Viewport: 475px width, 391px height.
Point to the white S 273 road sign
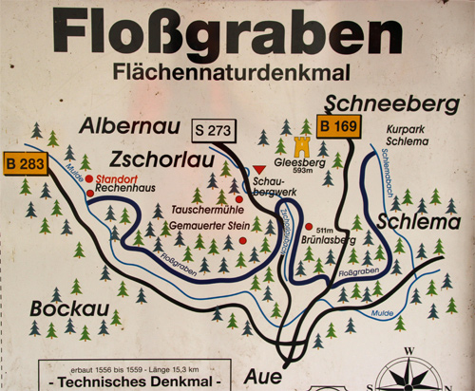click(x=216, y=127)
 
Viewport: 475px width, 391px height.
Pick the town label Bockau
click(x=65, y=308)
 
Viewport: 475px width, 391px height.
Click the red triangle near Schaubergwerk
click(x=258, y=169)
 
